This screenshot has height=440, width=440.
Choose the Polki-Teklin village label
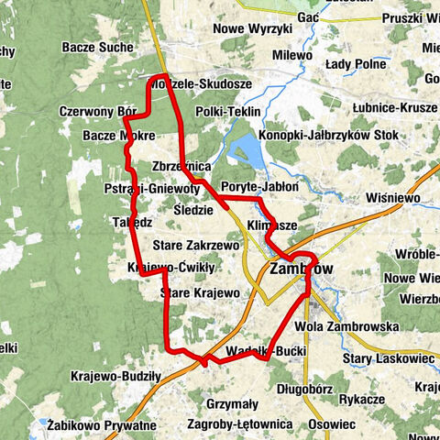pos(228,111)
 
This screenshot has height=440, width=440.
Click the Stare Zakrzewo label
pos(199,246)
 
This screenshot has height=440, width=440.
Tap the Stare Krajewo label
pos(199,293)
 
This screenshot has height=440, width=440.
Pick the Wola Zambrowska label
pos(346,326)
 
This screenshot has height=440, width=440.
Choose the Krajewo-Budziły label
pos(115,376)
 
